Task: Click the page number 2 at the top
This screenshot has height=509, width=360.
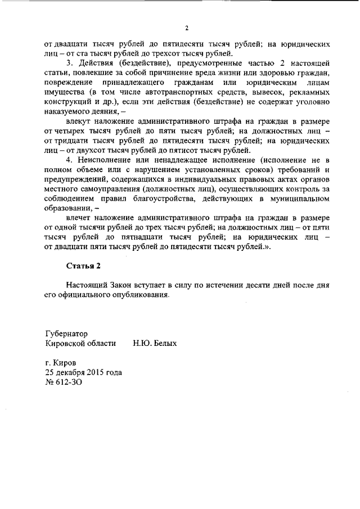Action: click(x=186, y=29)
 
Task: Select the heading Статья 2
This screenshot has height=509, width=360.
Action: click(x=83, y=265)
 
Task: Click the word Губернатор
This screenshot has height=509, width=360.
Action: click(x=66, y=334)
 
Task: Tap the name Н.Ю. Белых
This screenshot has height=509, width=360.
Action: click(x=155, y=343)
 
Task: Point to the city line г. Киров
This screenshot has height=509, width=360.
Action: click(x=60, y=363)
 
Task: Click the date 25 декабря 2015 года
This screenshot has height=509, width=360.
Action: click(x=83, y=372)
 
